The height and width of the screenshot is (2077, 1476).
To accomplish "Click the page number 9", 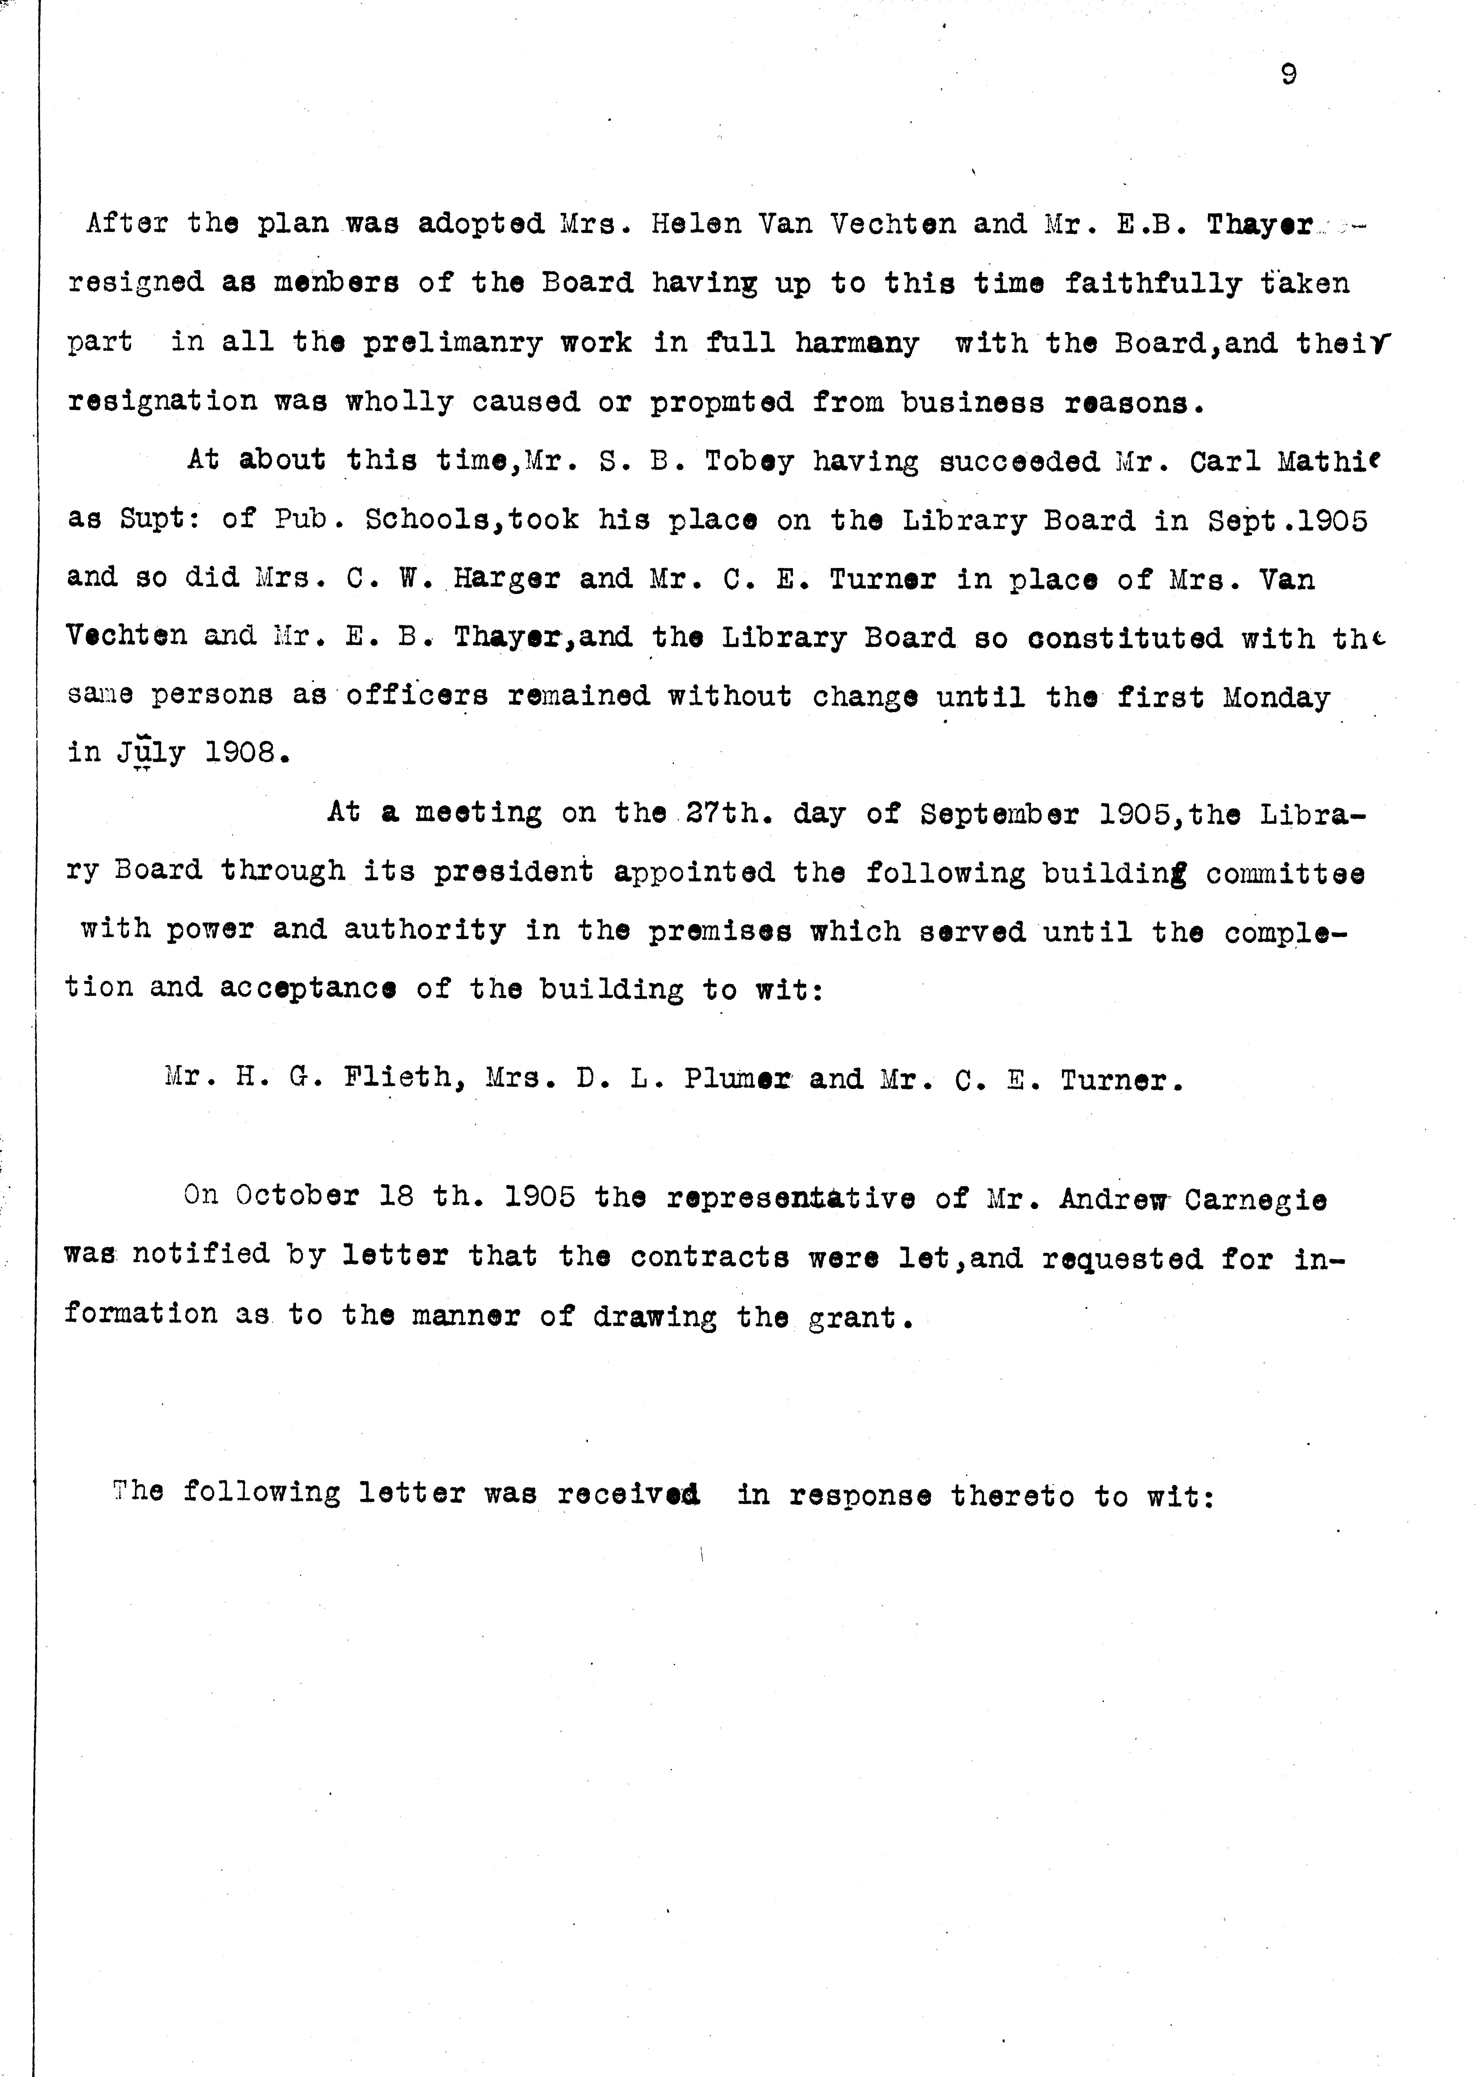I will pyautogui.click(x=1288, y=75).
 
